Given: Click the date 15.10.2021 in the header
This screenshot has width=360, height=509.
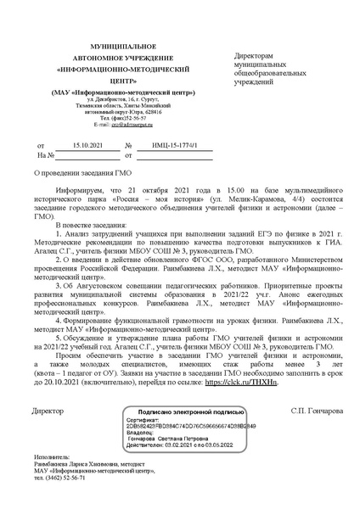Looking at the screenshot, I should [x=88, y=147].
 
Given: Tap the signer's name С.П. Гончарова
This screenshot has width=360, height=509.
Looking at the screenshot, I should [x=318, y=410].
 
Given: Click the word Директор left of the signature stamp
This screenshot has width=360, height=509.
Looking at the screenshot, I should [x=48, y=410].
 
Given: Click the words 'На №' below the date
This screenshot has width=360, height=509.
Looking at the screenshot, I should [x=46, y=156].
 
